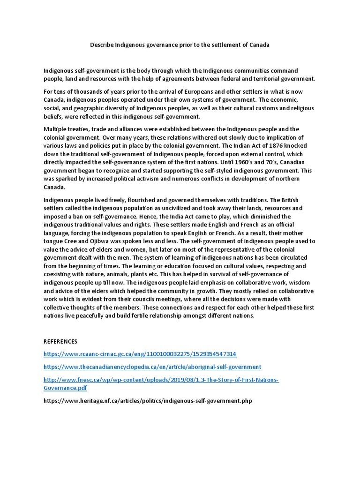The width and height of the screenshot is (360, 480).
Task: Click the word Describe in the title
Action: click(x=102, y=45)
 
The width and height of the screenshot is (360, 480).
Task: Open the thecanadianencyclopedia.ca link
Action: click(x=152, y=367)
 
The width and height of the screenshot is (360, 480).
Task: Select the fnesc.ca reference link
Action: click(x=161, y=379)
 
